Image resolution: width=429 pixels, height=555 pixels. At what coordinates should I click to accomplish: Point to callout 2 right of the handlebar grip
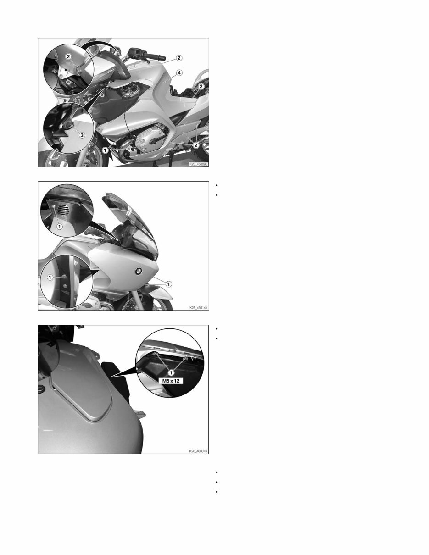coord(179,58)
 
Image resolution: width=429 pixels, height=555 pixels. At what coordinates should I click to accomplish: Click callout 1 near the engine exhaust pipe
coord(106,150)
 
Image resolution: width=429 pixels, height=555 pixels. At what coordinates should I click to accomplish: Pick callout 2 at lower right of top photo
coord(196,145)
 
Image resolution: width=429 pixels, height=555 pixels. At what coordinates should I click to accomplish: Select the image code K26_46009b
coord(198,163)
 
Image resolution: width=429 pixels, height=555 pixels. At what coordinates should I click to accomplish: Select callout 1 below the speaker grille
coord(59,226)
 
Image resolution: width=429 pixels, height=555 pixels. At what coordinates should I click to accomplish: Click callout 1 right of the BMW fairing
coord(168,284)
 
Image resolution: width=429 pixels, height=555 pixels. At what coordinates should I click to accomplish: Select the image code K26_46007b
coord(198,451)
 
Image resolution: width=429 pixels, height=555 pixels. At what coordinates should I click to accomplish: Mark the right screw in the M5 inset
coord(185,357)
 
